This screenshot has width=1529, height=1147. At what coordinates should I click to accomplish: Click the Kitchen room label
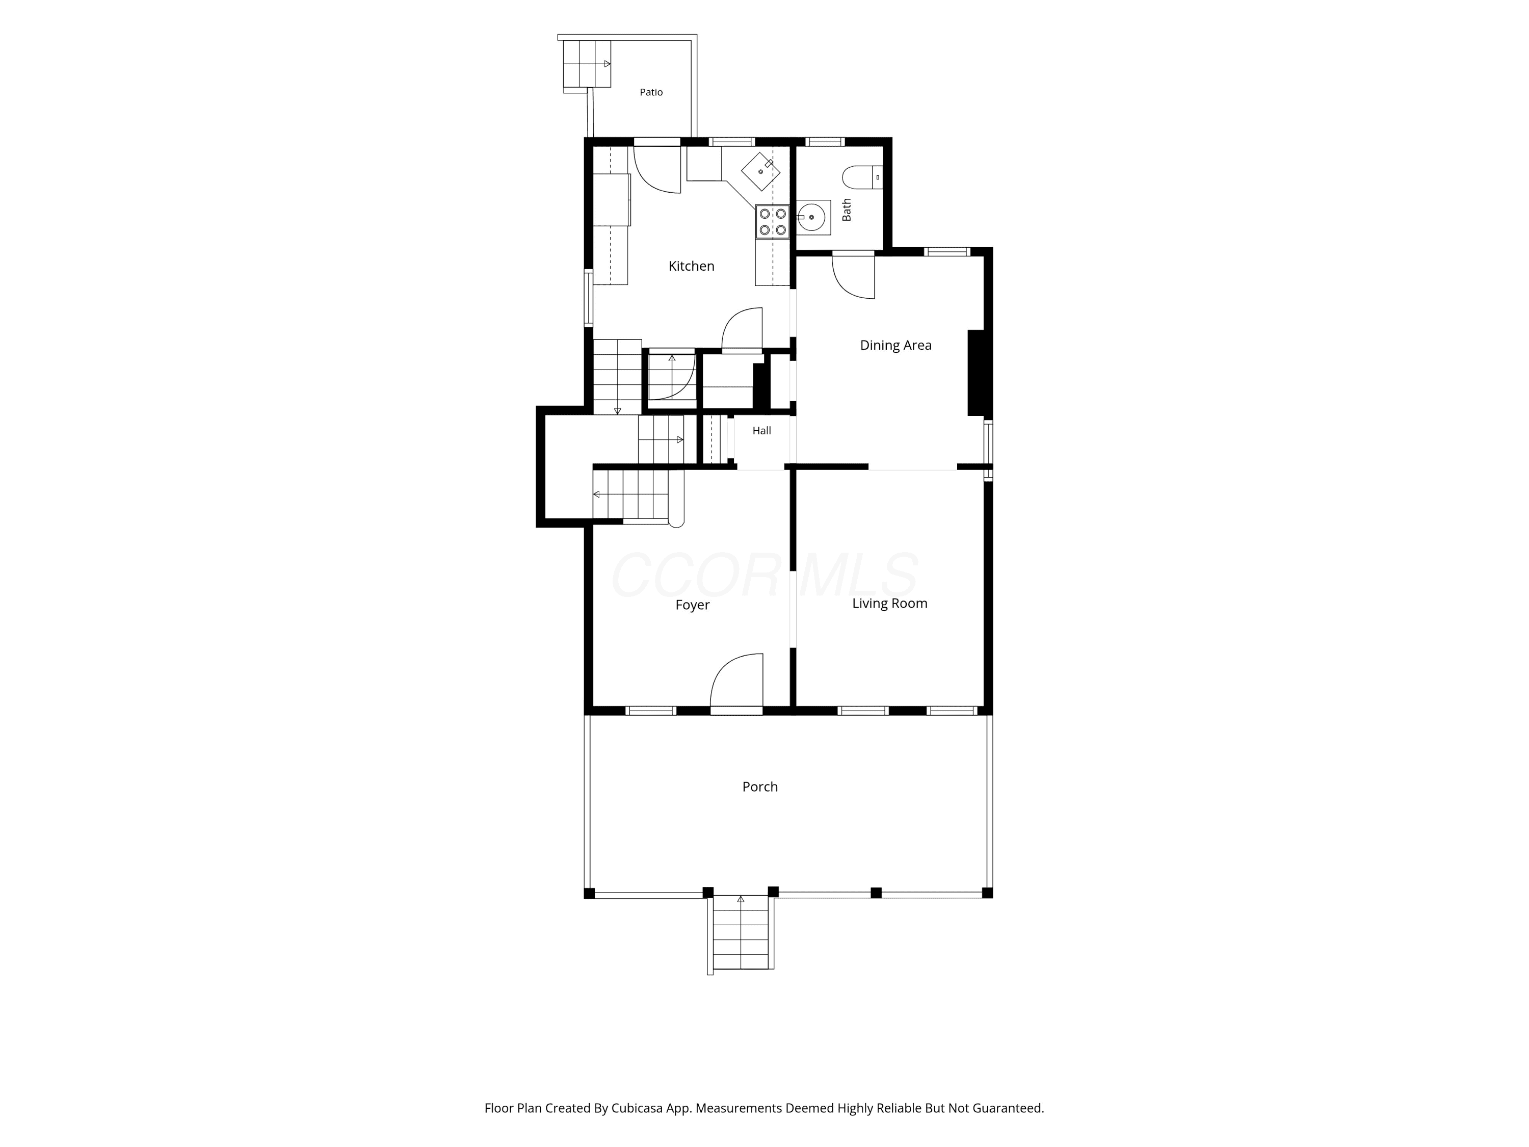coord(691,266)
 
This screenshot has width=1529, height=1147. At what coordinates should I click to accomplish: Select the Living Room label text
coord(889,604)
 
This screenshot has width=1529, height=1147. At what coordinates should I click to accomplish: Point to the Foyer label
coord(693,605)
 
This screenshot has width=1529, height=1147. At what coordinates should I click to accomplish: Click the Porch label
coord(760,787)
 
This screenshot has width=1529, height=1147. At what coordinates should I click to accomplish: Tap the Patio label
coord(651,92)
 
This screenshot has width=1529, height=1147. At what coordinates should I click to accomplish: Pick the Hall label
coord(762,431)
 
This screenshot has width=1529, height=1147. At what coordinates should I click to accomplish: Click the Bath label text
coord(847,210)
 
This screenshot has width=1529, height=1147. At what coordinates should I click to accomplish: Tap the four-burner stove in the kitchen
coord(772,222)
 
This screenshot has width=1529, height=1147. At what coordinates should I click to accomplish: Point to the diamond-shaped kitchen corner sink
coord(760,171)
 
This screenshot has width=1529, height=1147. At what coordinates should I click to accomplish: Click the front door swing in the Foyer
coord(737,681)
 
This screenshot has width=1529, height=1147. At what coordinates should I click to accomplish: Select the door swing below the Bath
coord(854,276)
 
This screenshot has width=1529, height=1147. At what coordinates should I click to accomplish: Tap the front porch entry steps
coord(741,932)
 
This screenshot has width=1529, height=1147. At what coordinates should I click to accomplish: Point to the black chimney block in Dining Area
coord(976,373)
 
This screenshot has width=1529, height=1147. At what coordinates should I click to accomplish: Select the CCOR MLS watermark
coord(764,575)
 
